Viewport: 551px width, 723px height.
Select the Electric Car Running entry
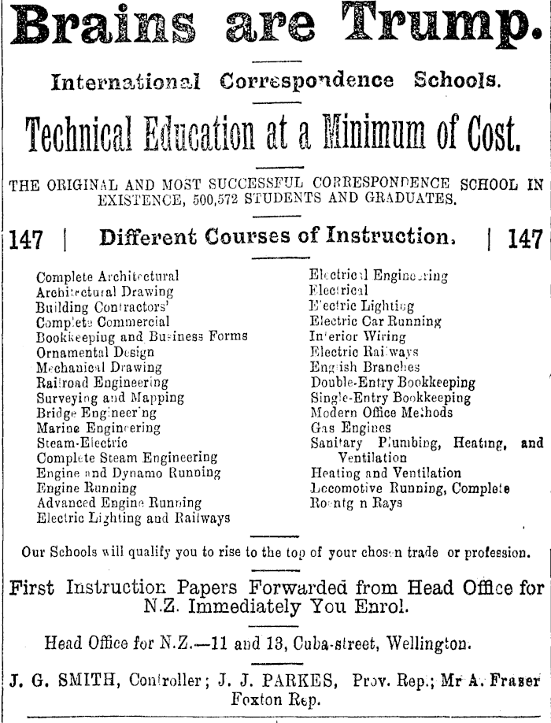[x=375, y=321]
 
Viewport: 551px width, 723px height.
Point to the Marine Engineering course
[x=98, y=428]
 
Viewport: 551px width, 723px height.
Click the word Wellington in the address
[x=426, y=643]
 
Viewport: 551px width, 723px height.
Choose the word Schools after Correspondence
[x=455, y=81]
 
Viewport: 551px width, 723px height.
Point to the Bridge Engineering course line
[x=96, y=413]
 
